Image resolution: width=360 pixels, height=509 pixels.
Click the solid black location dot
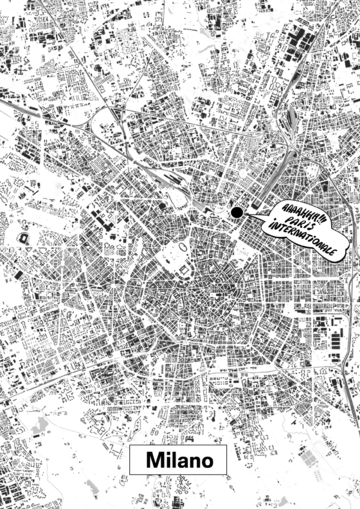click(237, 212)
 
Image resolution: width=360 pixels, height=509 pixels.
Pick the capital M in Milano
click(152, 461)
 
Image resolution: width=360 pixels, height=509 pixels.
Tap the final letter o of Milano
click(207, 462)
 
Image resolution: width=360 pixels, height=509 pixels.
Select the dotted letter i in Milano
click(164, 461)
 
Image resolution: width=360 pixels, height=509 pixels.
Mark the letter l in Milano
click(170, 461)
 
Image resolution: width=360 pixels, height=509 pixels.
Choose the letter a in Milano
click(179, 462)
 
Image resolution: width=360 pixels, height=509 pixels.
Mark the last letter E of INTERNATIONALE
click(346, 247)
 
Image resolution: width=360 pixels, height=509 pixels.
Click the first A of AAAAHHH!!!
click(263, 206)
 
